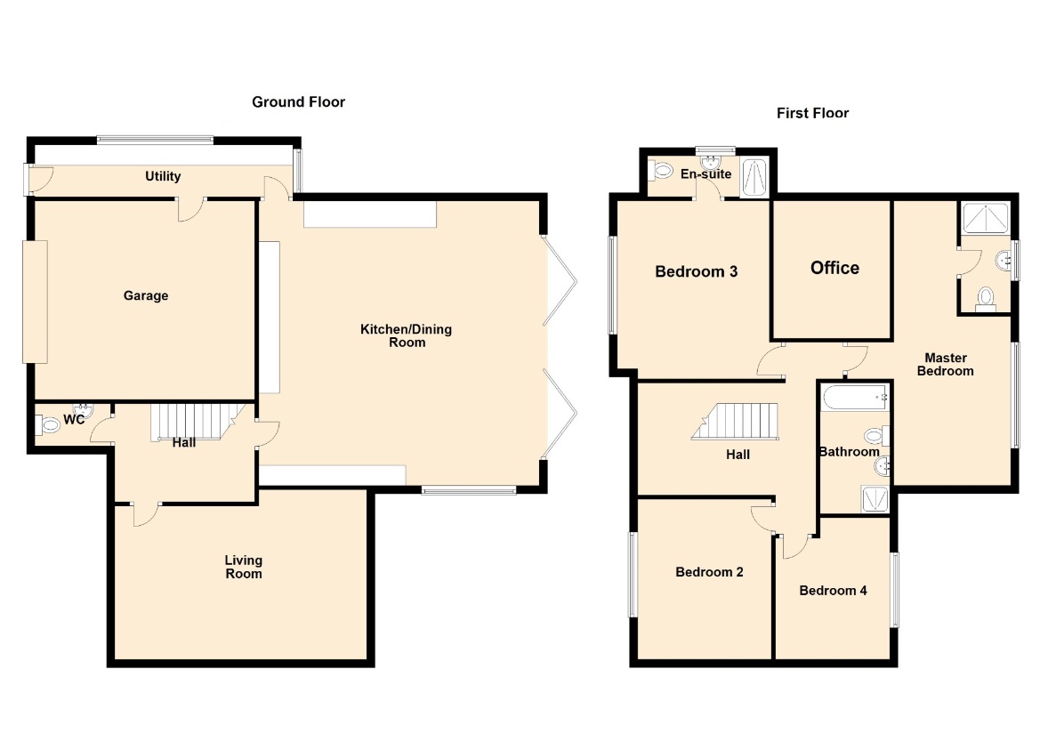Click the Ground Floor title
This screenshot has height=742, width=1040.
point(298,102)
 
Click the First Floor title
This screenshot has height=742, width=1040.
point(812,113)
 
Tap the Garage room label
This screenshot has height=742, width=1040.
point(146,295)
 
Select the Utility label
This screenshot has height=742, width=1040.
point(163,176)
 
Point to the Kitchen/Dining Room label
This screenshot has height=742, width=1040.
point(407,335)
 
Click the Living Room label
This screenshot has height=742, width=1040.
point(244,567)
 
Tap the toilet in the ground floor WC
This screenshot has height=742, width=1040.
point(49,423)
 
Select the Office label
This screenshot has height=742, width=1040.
point(835,268)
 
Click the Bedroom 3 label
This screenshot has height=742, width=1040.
point(697,271)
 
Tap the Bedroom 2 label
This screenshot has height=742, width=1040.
point(710,571)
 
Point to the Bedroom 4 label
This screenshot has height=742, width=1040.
point(833,590)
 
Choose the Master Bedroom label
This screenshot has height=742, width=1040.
point(946,365)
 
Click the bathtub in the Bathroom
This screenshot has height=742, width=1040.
point(856,397)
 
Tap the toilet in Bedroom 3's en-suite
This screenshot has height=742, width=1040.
point(661,171)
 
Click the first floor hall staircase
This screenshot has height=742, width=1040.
point(736,421)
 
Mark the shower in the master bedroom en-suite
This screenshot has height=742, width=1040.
point(987,219)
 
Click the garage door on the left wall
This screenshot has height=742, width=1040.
point(36,302)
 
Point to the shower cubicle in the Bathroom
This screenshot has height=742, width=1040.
point(875,499)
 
